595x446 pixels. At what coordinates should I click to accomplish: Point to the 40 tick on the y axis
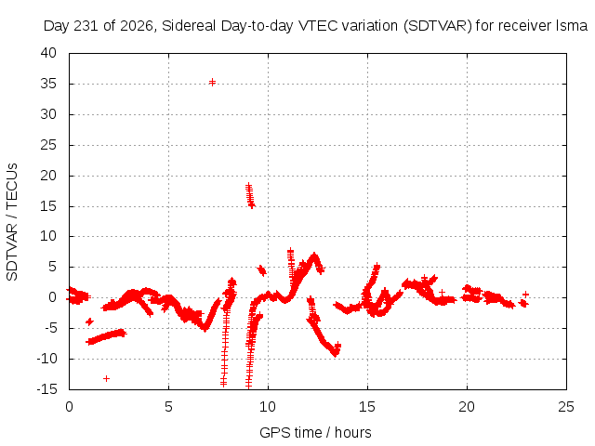coord(48,53)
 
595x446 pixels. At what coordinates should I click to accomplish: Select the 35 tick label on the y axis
coord(48,84)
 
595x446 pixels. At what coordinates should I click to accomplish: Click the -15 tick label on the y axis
coord(46,389)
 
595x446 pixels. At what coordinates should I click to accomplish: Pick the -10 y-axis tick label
coord(46,359)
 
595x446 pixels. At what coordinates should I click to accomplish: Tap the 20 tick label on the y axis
coord(48,176)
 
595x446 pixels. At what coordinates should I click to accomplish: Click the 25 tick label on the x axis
coord(566,407)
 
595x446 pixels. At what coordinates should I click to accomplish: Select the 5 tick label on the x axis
coord(168,407)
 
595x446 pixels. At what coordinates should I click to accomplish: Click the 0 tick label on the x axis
coord(69,407)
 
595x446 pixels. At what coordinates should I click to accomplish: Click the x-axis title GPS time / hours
coord(315,432)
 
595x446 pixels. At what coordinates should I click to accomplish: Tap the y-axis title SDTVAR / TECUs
coord(12,222)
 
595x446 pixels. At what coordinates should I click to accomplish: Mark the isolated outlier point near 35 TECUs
coord(213,82)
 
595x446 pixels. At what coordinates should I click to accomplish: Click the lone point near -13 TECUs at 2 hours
coord(106,378)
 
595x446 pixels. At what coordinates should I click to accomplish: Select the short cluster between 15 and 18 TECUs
coord(250,195)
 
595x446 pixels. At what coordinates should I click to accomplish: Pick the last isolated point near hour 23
coord(525,295)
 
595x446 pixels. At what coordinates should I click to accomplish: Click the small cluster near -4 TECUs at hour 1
coord(89,322)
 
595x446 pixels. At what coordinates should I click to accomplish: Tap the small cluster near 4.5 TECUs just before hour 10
coord(261,270)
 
